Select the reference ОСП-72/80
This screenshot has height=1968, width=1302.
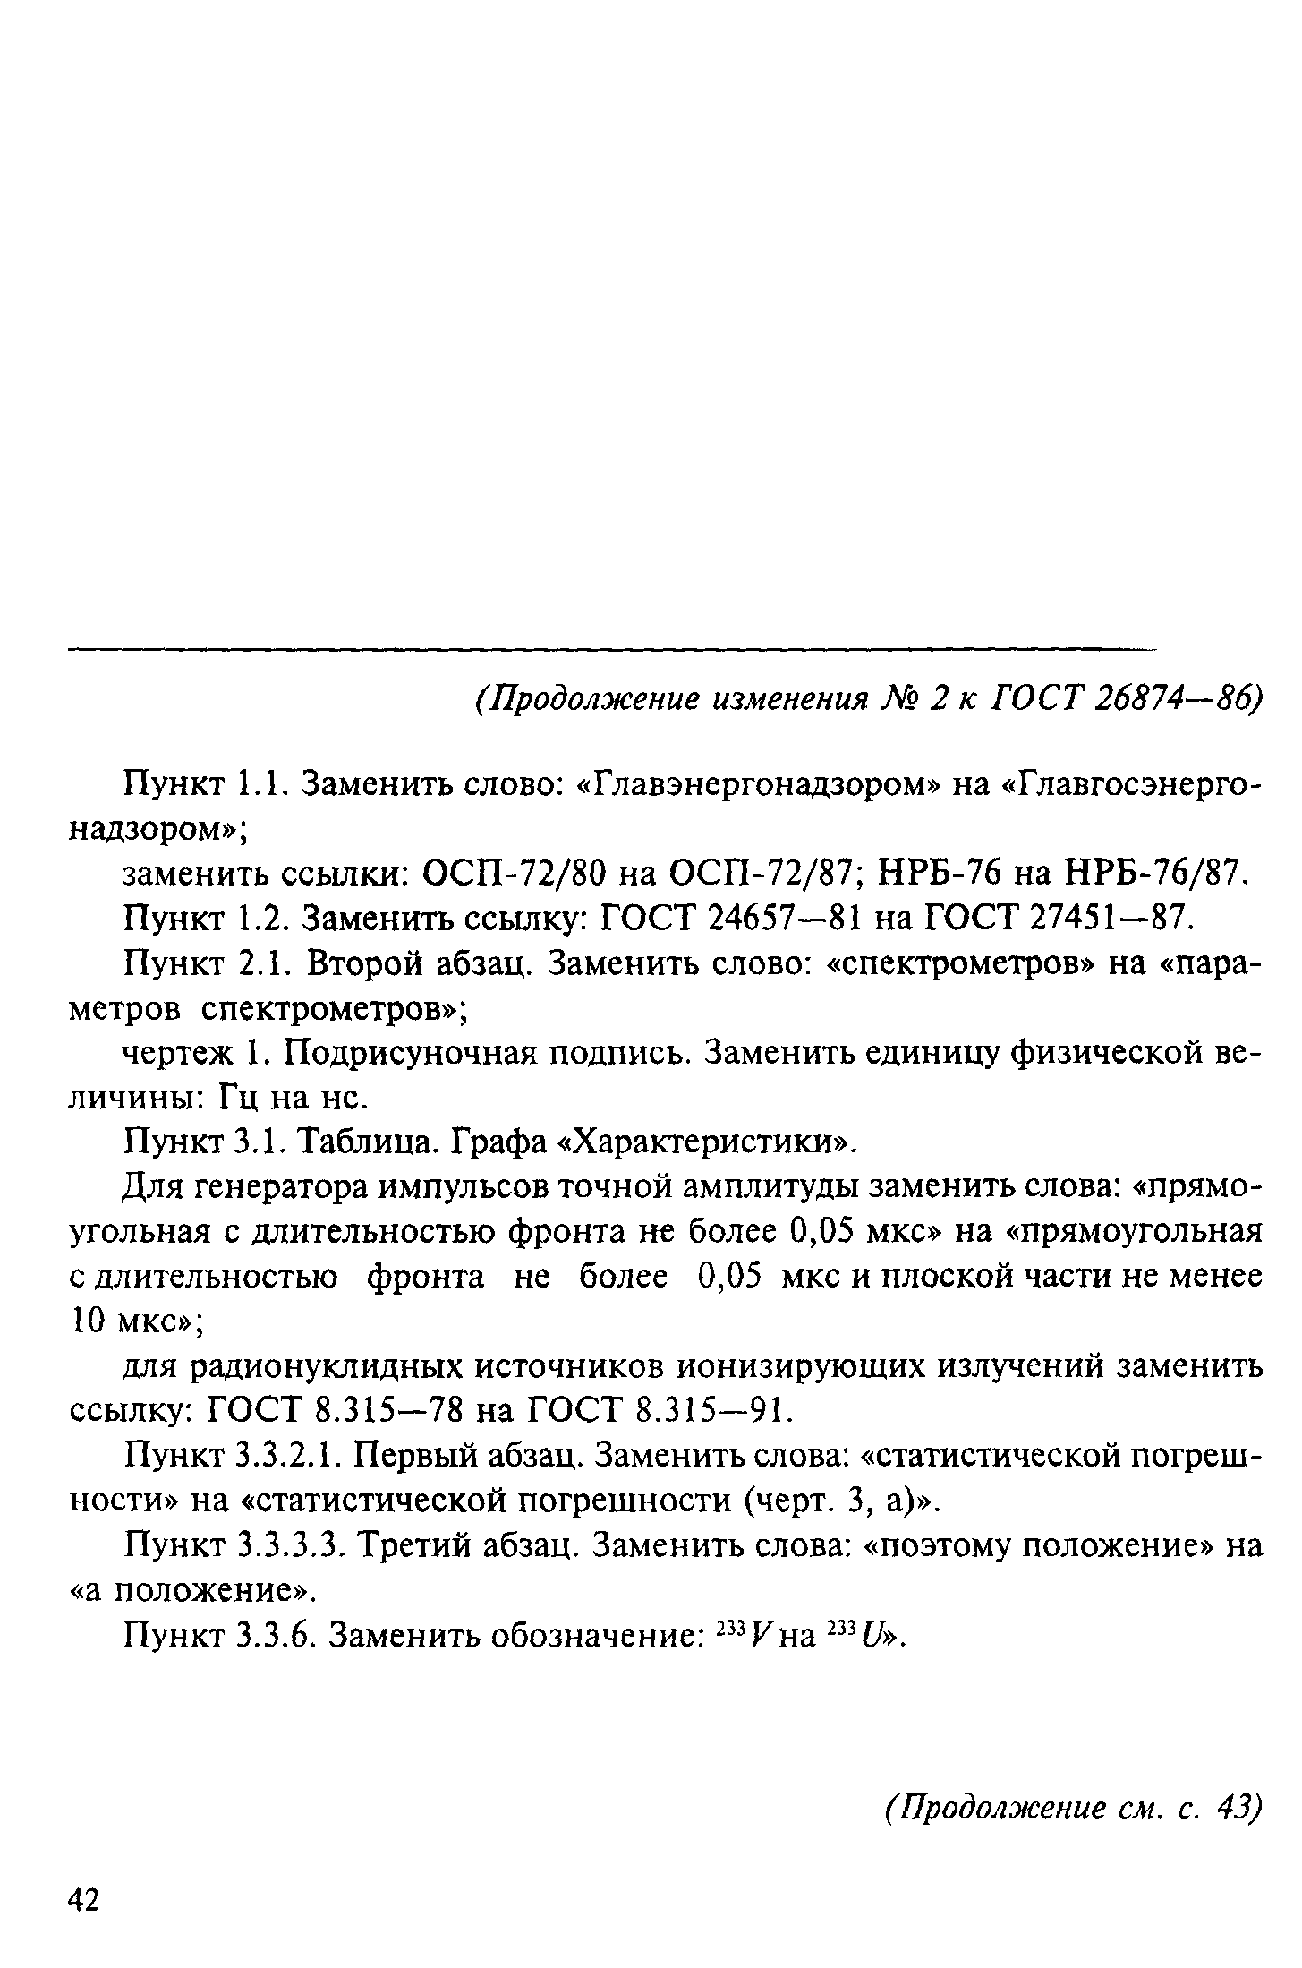pyautogui.click(x=517, y=872)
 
